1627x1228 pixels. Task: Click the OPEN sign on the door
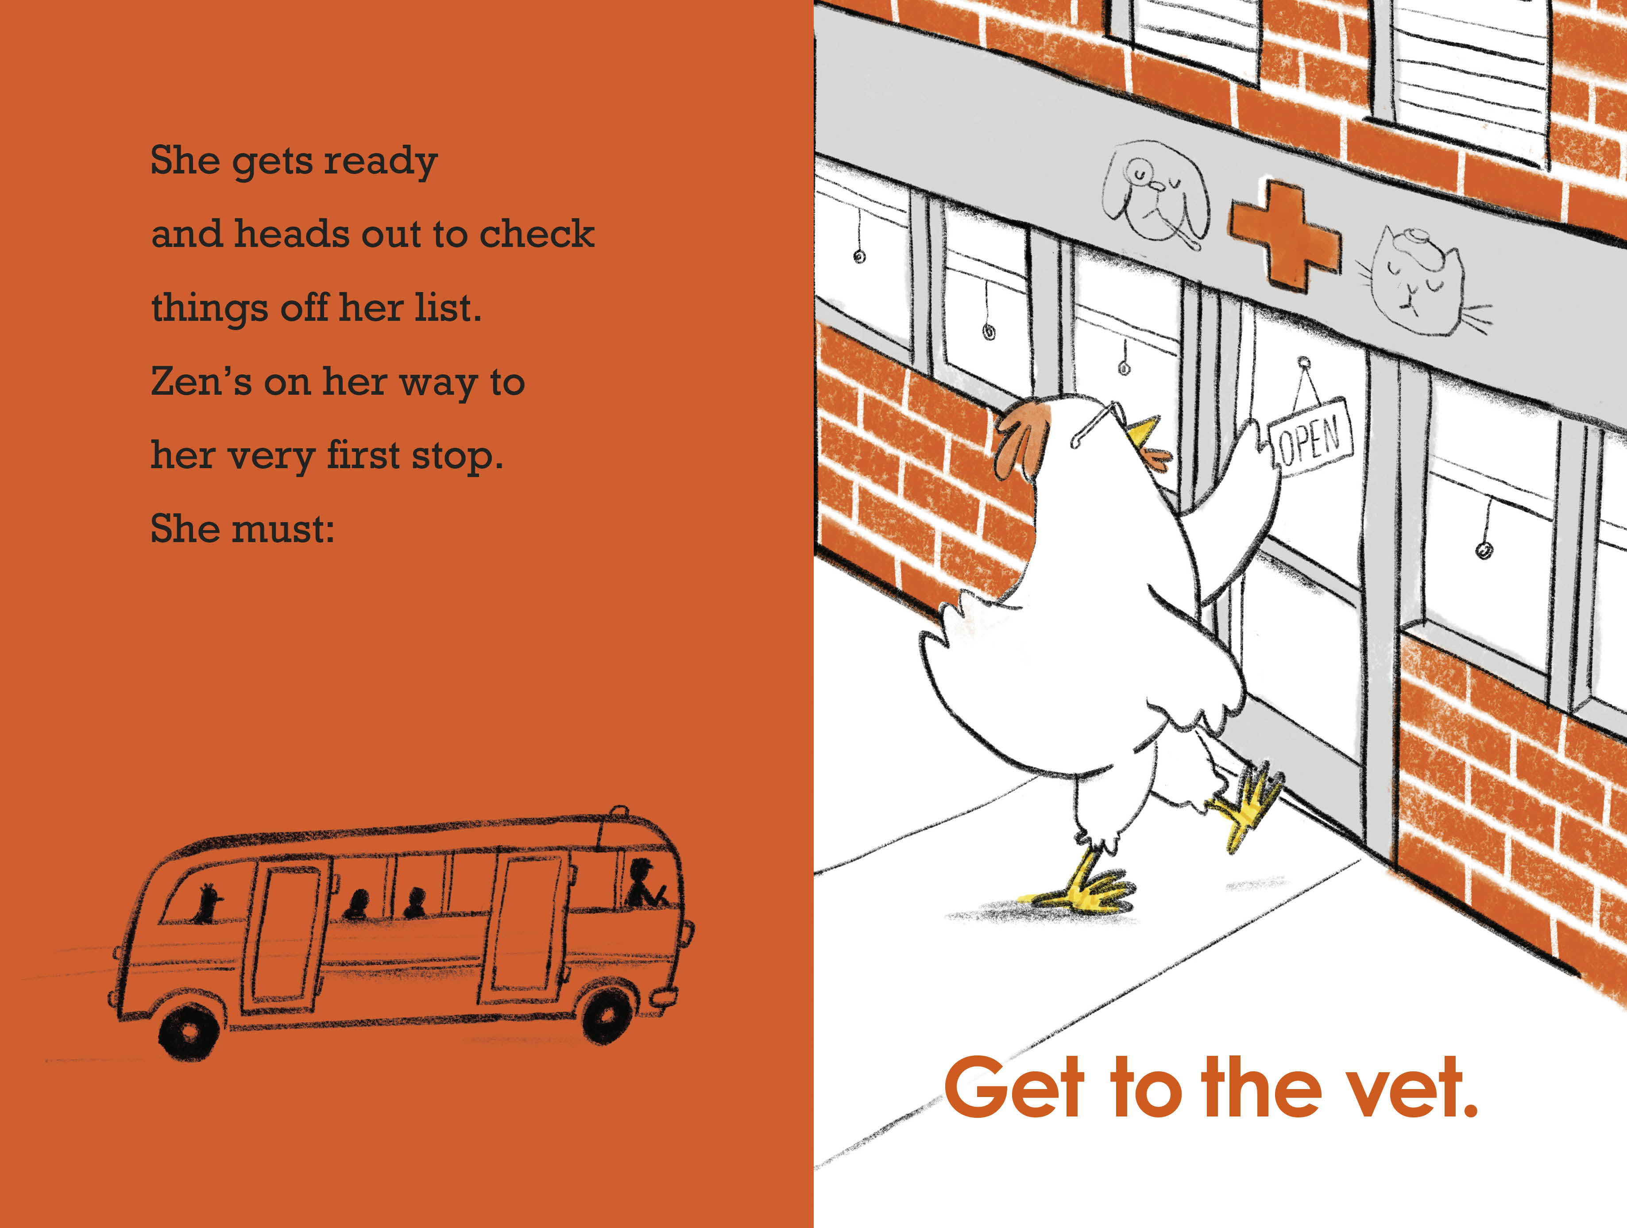tap(1311, 438)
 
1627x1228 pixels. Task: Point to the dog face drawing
tap(1155, 192)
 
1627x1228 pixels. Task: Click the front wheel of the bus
tap(607, 1015)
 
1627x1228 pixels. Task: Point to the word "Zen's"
tap(201, 381)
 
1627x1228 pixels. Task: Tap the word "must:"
tap(283, 529)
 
